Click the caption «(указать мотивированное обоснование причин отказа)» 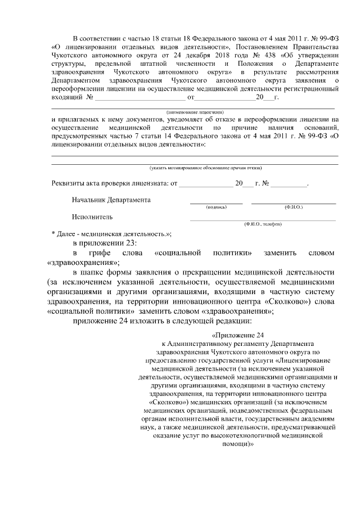click(x=205, y=168)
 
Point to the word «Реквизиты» click(x=67, y=183)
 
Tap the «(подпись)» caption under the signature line click(x=217, y=207)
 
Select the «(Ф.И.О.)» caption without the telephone click(x=293, y=207)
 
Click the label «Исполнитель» click(x=92, y=217)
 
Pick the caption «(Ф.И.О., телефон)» click(x=263, y=224)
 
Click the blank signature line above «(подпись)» click(x=217, y=202)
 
